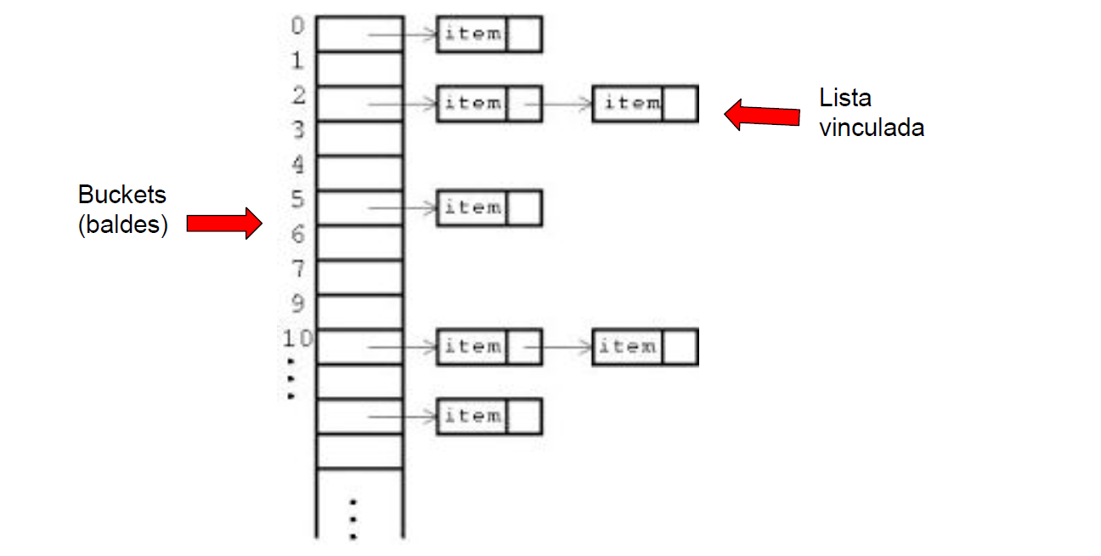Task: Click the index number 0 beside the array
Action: click(297, 26)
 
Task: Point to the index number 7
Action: click(297, 269)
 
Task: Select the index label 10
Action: click(297, 338)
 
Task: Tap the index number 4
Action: click(297, 163)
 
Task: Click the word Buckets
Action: click(121, 195)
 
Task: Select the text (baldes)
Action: click(122, 226)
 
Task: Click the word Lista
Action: click(844, 98)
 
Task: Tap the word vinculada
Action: click(871, 128)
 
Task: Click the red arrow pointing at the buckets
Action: click(223, 223)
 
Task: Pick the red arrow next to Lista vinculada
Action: click(761, 115)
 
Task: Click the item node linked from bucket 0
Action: click(472, 34)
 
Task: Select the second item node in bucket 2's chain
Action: click(629, 103)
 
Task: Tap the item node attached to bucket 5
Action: click(472, 207)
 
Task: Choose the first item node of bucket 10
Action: click(472, 347)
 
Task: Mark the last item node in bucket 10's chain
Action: click(629, 347)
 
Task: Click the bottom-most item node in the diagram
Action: click(472, 417)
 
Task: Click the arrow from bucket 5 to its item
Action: click(403, 207)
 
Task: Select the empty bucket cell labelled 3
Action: click(359, 138)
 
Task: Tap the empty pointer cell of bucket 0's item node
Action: click(524, 34)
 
